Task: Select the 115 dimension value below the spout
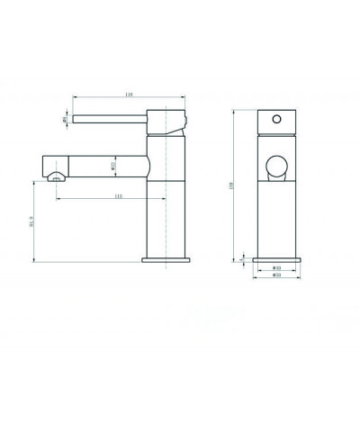click(117, 197)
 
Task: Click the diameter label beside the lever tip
click(66, 118)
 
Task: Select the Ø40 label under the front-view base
click(278, 267)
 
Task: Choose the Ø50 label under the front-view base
click(278, 276)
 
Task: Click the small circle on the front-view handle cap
click(277, 119)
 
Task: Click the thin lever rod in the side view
click(108, 117)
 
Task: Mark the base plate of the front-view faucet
click(277, 258)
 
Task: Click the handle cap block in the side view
click(166, 121)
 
